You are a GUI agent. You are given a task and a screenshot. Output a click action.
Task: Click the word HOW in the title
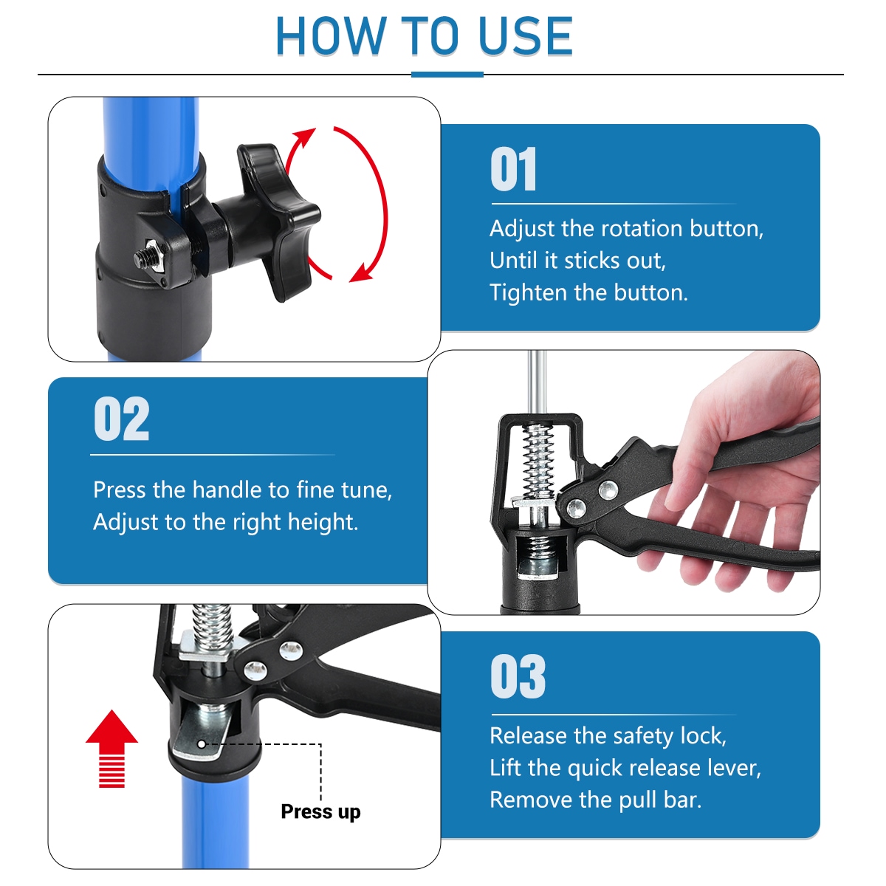pos(330,36)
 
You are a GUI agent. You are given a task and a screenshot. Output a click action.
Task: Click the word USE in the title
pos(525,36)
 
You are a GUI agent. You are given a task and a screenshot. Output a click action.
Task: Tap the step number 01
pos(513,169)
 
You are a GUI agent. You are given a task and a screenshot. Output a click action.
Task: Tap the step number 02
pos(121,419)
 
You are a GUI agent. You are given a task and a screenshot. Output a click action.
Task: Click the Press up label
pos(320,811)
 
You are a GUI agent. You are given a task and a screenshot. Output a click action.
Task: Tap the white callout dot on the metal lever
pos(202,744)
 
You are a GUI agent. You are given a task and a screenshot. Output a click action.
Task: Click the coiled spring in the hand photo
pos(538,460)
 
